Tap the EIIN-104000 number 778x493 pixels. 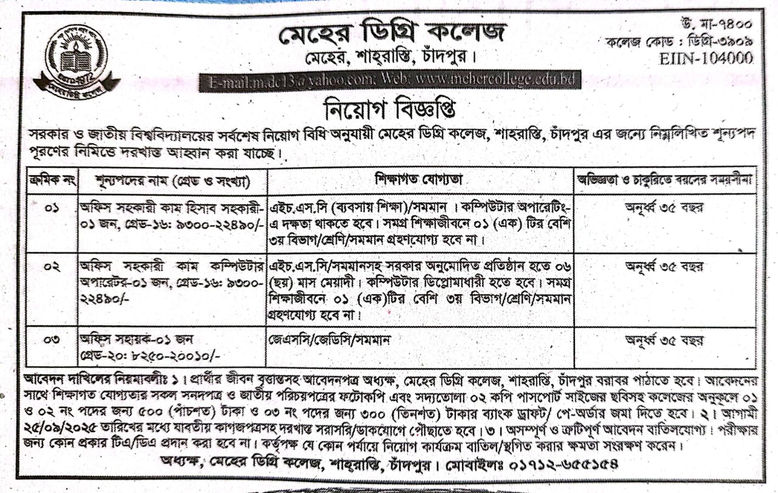pyautogui.click(x=706, y=58)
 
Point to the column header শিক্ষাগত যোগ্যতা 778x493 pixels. pyautogui.click(x=420, y=181)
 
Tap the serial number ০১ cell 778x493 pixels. pyautogui.click(x=52, y=209)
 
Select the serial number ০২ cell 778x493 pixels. pyautogui.click(x=52, y=267)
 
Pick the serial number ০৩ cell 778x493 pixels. pyautogui.click(x=52, y=339)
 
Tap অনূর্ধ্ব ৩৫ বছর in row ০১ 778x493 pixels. pyautogui.click(x=664, y=207)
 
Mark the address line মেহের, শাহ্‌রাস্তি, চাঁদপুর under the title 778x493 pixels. pyautogui.click(x=389, y=60)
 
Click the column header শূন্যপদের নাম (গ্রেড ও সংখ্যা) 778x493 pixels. pyautogui.click(x=173, y=181)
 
